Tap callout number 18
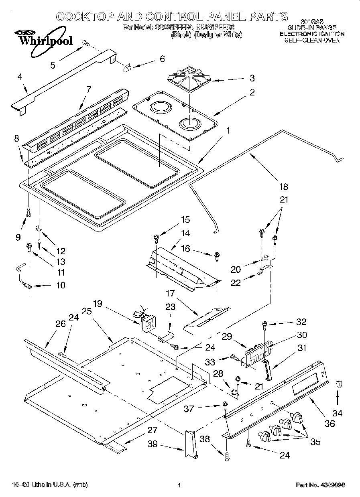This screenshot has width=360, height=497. (x=283, y=186)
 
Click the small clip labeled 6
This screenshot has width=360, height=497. (x=128, y=68)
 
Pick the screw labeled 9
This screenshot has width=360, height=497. (x=28, y=213)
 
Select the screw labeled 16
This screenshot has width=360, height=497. (x=217, y=255)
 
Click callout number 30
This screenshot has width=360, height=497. (x=301, y=335)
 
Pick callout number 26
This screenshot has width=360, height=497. (x=60, y=324)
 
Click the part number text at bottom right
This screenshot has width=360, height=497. (x=320, y=485)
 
